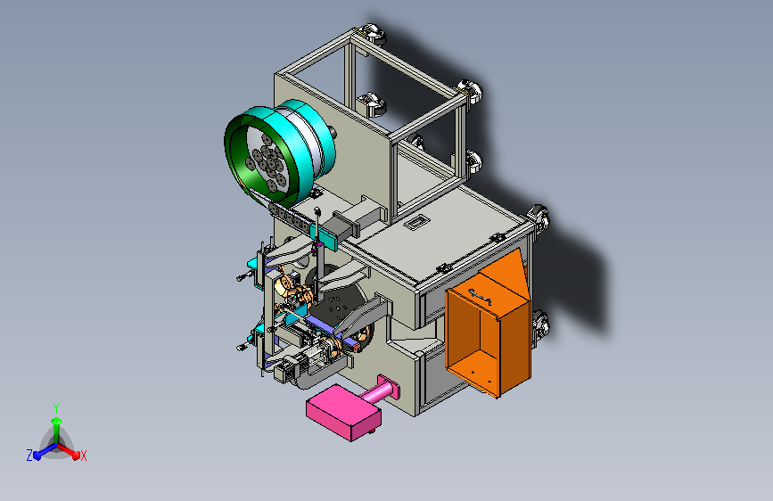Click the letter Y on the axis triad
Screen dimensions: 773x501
[x=56, y=408]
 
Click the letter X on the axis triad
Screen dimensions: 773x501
[x=84, y=456]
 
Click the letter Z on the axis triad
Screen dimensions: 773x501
[x=29, y=456]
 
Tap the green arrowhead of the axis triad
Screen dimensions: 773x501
[x=56, y=422]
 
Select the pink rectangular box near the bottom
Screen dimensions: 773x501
[x=343, y=413]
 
